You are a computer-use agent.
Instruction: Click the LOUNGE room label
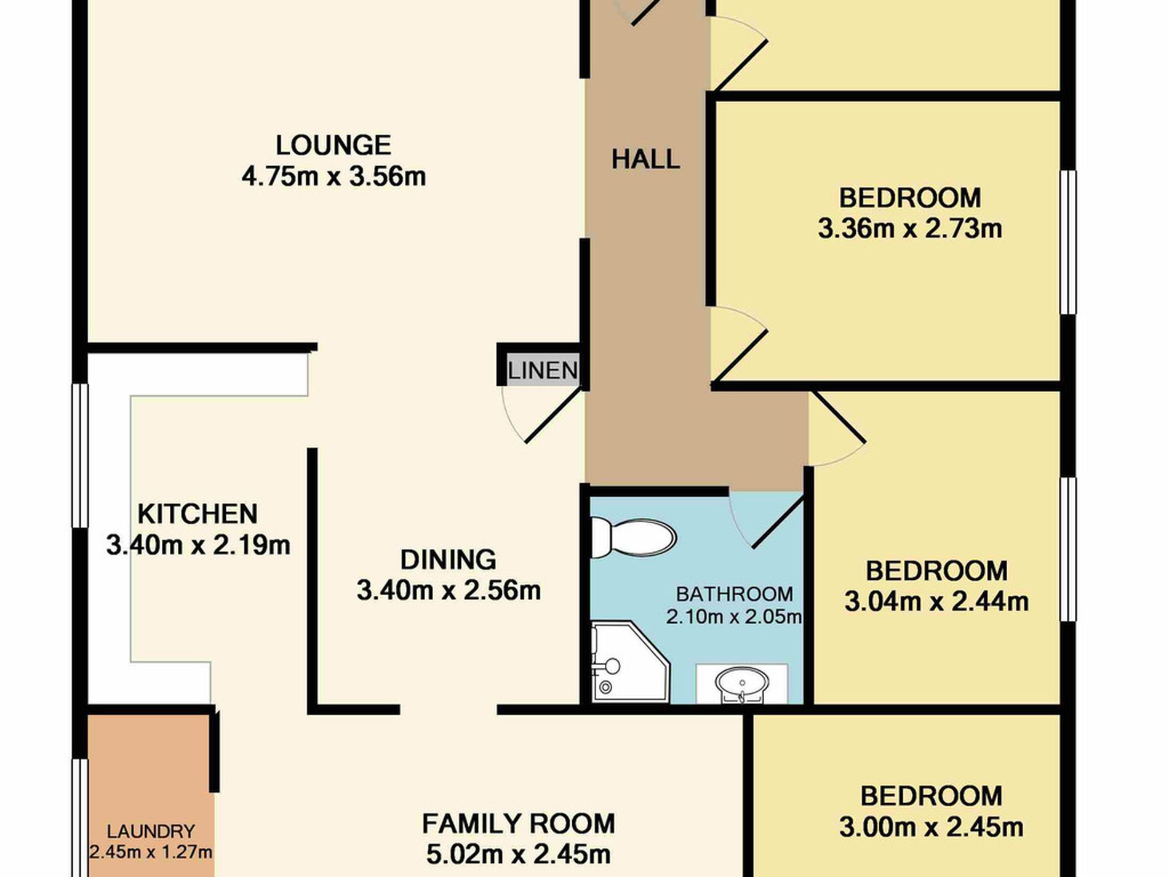(333, 145)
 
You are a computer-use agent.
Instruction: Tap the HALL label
(645, 159)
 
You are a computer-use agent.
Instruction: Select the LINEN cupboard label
(543, 370)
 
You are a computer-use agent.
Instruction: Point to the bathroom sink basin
(742, 684)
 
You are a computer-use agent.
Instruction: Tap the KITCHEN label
(197, 514)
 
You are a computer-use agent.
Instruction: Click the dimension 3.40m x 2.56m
(449, 591)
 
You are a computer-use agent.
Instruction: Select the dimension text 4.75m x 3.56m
(333, 177)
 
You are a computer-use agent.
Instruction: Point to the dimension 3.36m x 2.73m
(910, 229)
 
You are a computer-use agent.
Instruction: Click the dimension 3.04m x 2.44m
(936, 601)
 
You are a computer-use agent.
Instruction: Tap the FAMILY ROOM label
(518, 823)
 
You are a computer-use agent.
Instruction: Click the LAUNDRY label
(151, 831)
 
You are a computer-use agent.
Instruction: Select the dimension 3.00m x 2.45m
(932, 827)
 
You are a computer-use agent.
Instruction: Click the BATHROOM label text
(734, 594)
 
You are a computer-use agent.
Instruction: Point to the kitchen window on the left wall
(81, 456)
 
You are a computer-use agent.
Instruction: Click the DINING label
(448, 560)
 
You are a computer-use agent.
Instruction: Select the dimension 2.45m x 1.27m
(151, 852)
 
